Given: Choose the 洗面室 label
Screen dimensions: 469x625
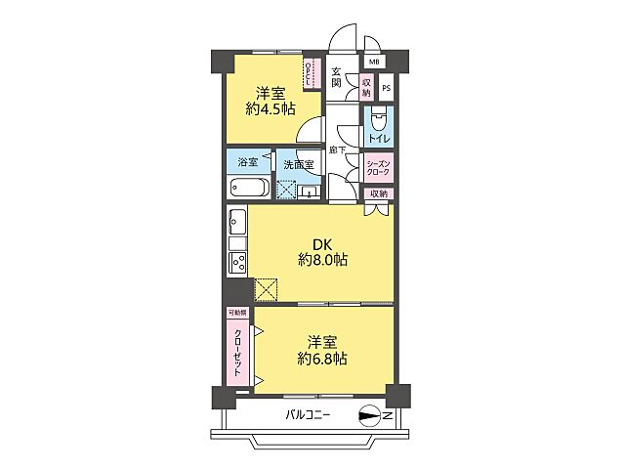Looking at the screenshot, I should (298, 165).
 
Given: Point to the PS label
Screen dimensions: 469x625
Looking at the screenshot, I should (387, 88).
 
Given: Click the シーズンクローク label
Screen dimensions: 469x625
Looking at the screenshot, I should (378, 167).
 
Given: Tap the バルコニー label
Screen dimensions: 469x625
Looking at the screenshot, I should (308, 415).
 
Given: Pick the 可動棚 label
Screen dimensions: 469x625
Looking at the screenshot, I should (237, 312).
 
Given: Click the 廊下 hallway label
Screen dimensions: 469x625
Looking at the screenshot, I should (336, 150).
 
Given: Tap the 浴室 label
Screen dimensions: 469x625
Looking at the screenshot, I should (248, 162).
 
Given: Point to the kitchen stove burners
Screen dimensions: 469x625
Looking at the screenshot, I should (237, 262).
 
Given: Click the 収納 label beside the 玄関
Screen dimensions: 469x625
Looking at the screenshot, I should (366, 88).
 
